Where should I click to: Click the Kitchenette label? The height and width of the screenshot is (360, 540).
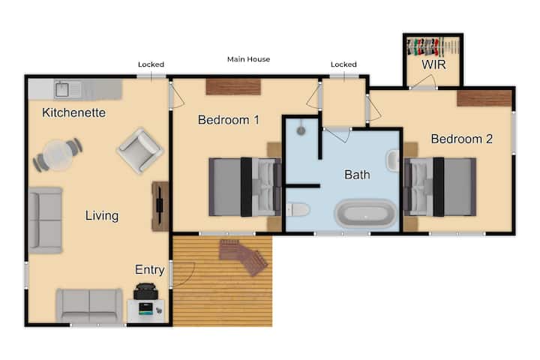click(x=73, y=112)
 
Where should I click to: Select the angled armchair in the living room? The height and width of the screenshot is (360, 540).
click(x=139, y=150)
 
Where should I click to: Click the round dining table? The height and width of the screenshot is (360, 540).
click(x=58, y=155)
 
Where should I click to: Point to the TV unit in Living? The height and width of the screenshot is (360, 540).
click(x=160, y=206)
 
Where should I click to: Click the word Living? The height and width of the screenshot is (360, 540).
click(x=102, y=216)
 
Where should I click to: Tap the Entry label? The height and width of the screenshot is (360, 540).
click(x=149, y=270)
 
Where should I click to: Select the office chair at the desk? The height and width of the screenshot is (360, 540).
click(x=145, y=291)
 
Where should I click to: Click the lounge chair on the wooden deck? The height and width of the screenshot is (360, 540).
click(x=244, y=256)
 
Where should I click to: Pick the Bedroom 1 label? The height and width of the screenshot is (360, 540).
click(x=228, y=120)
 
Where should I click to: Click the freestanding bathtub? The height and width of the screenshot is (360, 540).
click(x=365, y=213)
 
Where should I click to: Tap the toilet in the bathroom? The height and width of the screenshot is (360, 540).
click(x=298, y=209)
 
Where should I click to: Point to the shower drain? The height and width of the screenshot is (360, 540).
click(x=301, y=130)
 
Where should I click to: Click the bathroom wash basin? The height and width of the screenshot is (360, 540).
click(x=393, y=160)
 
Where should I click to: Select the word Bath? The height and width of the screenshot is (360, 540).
click(x=357, y=175)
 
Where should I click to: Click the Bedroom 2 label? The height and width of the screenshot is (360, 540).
click(x=461, y=139)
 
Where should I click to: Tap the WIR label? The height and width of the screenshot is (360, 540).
click(x=433, y=64)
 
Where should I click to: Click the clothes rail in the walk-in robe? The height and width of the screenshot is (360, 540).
click(x=433, y=46)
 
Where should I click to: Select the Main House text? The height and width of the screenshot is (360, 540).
click(x=249, y=59)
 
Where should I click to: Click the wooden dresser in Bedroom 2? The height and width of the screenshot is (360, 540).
click(x=484, y=98)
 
